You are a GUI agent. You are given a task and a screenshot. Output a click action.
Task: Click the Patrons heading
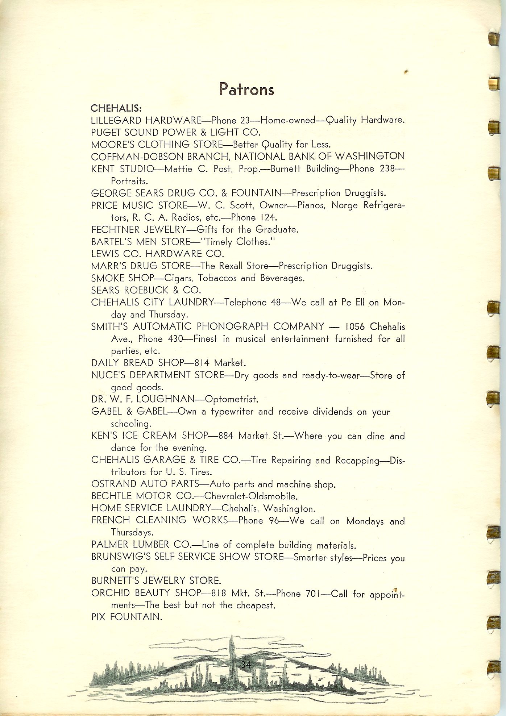pyautogui.click(x=247, y=89)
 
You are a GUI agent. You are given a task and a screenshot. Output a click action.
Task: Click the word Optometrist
pyautogui.click(x=232, y=399)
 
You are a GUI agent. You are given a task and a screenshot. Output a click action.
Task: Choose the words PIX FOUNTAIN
pyautogui.click(x=126, y=617)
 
